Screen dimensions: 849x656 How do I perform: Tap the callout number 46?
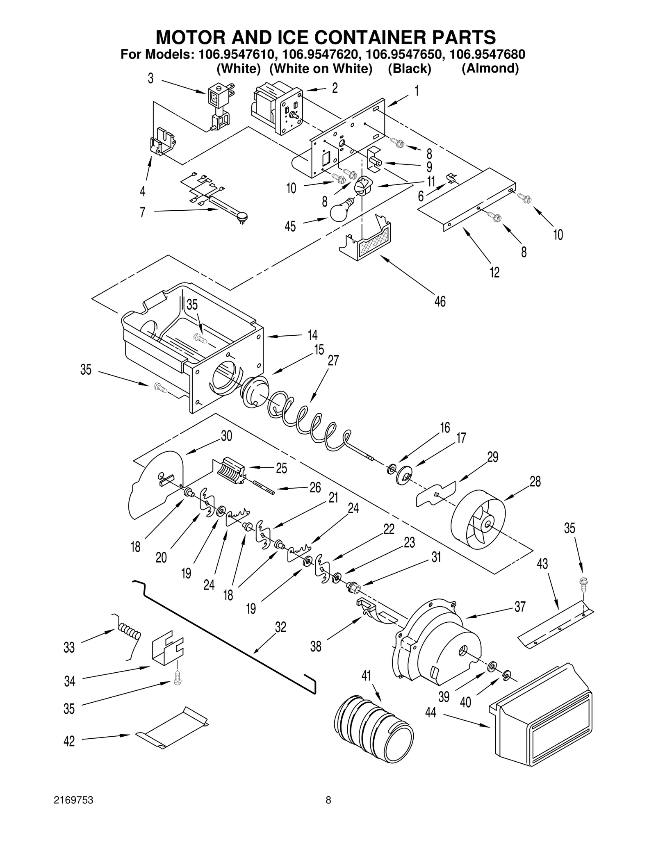coord(440,302)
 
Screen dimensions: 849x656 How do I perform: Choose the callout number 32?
coord(280,627)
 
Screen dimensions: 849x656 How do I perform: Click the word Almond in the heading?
coord(490,68)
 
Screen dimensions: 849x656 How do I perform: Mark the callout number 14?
coord(312,335)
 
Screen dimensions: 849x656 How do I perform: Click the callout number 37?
coord(520,607)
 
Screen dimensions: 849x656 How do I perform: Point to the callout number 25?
coord(281,468)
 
